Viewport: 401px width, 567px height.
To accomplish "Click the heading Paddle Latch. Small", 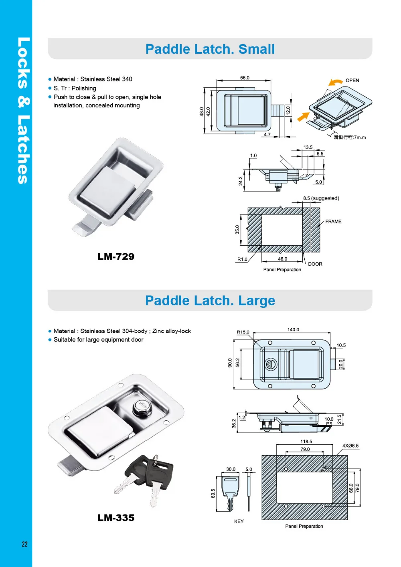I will (210, 49).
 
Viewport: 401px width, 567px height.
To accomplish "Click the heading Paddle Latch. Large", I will (210, 301).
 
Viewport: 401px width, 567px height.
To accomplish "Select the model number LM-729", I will (116, 256).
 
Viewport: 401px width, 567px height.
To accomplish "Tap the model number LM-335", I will (116, 518).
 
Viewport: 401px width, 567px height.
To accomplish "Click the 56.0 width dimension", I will (245, 78).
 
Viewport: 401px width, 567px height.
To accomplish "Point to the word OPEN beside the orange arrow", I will (352, 81).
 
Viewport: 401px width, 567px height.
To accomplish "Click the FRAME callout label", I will (333, 222).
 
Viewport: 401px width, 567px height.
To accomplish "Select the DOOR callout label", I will (315, 264).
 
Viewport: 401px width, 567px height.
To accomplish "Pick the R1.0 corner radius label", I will (242, 259).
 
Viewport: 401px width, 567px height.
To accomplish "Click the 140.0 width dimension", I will (293, 329).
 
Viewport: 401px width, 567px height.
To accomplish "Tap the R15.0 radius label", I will (243, 332).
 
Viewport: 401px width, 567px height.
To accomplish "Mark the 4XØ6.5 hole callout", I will (350, 446).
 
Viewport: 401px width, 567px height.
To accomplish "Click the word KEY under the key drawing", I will (239, 521).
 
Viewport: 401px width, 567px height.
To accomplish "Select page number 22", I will (24, 544).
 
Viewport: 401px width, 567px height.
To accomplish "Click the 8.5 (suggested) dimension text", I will (321, 198).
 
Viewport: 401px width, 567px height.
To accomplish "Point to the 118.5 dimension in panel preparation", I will (306, 442).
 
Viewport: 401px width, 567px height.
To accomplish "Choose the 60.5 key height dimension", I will (213, 493).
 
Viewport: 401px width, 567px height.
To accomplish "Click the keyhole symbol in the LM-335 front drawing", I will (270, 364).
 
